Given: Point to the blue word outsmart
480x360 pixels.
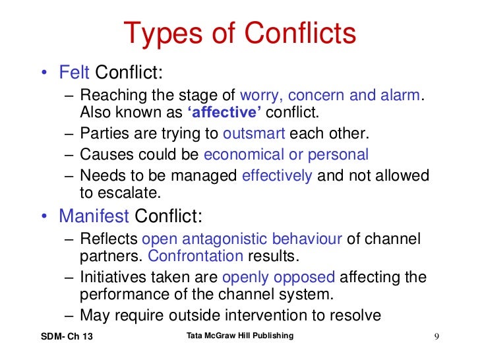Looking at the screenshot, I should pos(254,134).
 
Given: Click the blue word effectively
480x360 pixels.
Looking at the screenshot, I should pos(277,176).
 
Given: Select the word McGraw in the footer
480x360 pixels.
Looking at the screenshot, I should pos(224,336).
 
